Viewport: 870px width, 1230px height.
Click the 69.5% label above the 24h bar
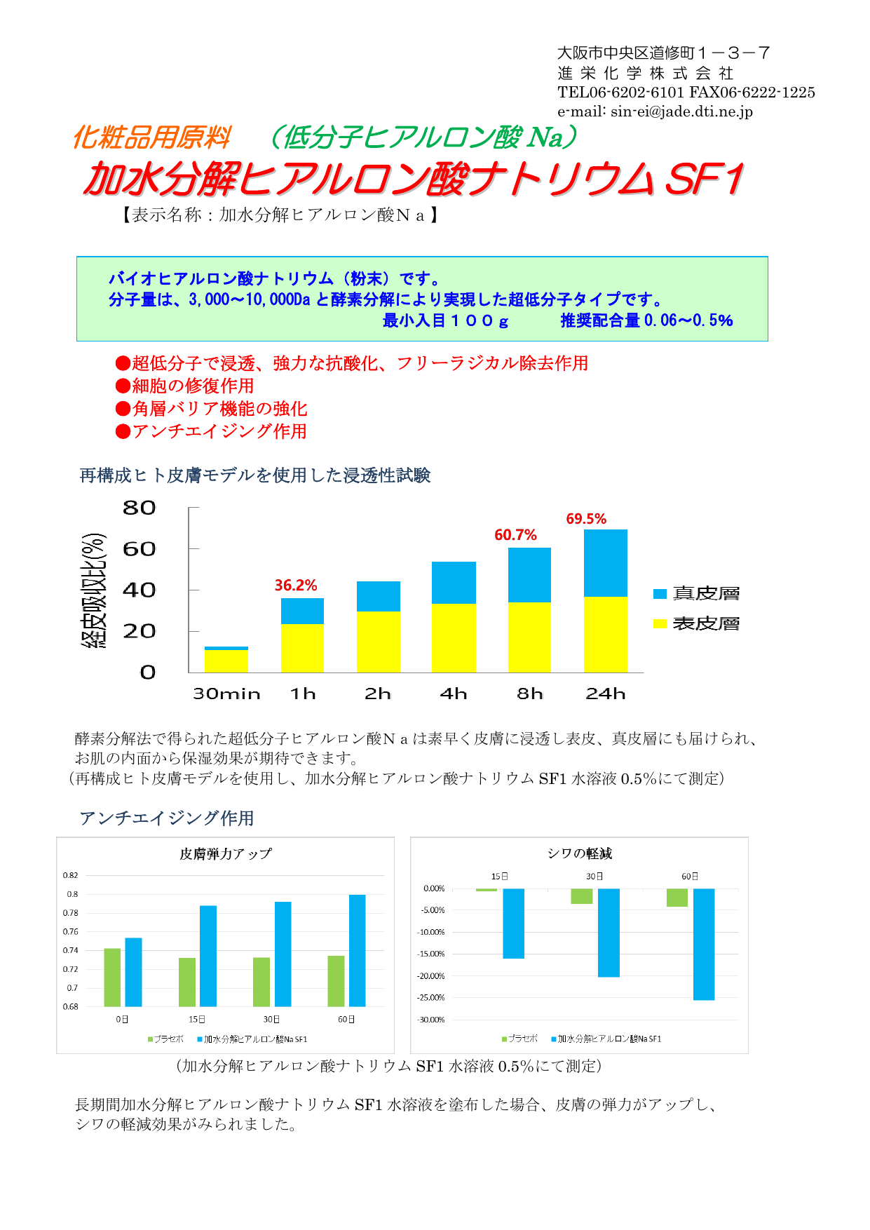coord(586,519)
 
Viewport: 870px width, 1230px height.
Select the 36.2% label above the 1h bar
coord(295,586)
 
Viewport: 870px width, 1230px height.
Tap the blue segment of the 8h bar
coord(529,575)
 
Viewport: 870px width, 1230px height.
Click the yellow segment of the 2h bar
coord(378,642)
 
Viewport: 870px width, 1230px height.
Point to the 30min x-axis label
coord(226,694)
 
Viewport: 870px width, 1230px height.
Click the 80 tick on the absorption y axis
coord(139,508)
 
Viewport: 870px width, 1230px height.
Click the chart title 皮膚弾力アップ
coord(225,854)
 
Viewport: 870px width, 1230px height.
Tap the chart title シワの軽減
coord(580,853)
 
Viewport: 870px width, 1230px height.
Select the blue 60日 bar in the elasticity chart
coord(357,950)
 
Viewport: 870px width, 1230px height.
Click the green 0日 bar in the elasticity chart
coord(112,978)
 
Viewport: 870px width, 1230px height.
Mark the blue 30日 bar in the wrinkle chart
coord(609,933)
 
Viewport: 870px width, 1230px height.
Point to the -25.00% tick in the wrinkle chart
coord(431,998)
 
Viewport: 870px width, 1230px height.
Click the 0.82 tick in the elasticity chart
coord(71,875)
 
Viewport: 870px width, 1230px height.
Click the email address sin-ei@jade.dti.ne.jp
coord(681,111)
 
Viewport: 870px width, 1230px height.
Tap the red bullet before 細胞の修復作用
coord(123,386)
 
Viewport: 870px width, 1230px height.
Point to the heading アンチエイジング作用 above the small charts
coord(167,818)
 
